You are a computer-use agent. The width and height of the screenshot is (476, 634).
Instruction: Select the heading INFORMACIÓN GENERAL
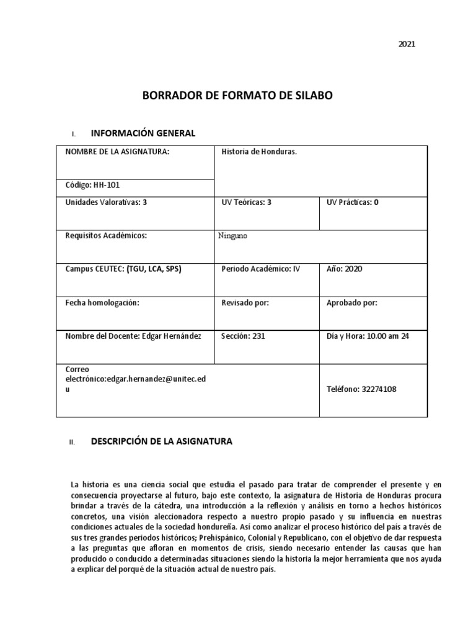point(143,133)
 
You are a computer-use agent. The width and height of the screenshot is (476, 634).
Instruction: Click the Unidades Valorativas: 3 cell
point(106,202)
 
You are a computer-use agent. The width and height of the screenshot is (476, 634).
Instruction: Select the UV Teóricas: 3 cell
point(247,202)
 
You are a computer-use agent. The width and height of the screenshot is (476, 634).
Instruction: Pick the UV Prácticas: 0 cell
point(352,202)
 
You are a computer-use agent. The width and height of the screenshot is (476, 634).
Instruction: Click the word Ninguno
point(234,236)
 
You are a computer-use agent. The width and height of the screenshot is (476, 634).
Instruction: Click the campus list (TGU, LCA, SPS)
point(154,269)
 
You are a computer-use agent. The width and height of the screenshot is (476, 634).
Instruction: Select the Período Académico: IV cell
point(260,269)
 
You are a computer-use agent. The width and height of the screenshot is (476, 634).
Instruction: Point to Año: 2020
point(344,269)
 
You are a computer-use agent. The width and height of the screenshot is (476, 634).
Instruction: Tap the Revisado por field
point(245,303)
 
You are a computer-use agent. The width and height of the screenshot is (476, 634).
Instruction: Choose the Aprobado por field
point(351,303)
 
